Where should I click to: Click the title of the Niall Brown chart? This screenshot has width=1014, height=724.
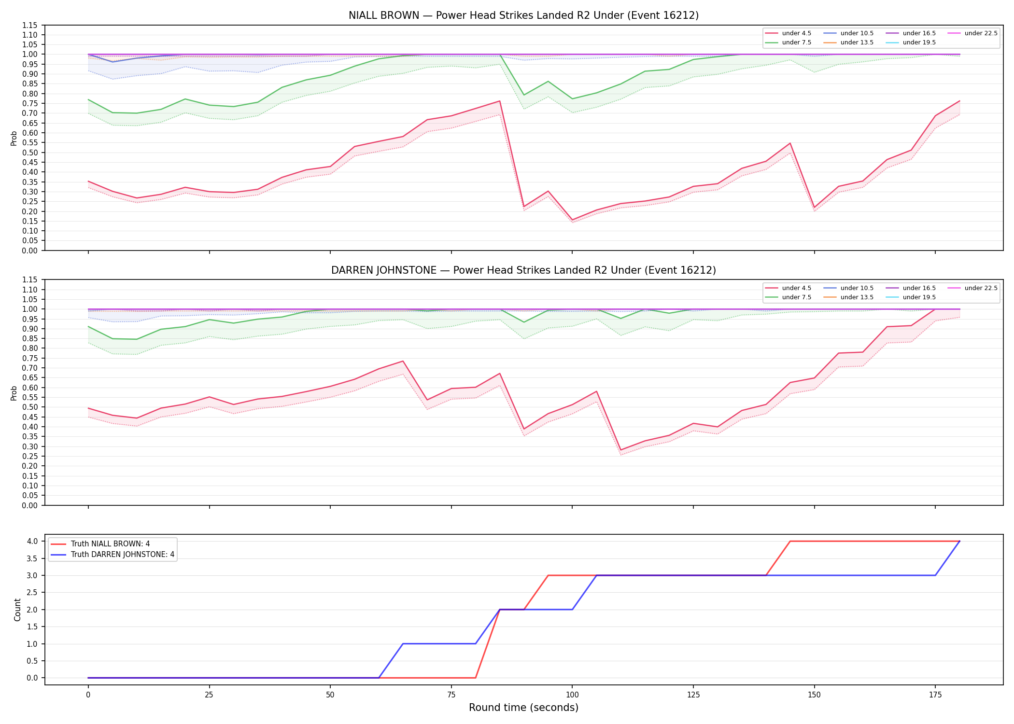pyautogui.click(x=523, y=15)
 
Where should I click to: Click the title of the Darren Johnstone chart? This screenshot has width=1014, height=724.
pyautogui.click(x=523, y=270)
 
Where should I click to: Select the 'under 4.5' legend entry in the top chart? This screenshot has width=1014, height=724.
pyautogui.click(x=788, y=33)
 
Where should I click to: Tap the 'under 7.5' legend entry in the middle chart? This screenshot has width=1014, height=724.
pyautogui.click(x=788, y=297)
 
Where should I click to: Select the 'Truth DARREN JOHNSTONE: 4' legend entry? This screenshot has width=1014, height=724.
pyautogui.click(x=113, y=555)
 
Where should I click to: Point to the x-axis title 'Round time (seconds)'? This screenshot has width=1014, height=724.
pyautogui.click(x=523, y=708)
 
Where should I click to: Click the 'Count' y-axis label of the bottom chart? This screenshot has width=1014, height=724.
pyautogui.click(x=18, y=610)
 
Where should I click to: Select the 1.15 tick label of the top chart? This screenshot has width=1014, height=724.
pyautogui.click(x=30, y=25)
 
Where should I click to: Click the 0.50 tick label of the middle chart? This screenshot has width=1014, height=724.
pyautogui.click(x=30, y=407)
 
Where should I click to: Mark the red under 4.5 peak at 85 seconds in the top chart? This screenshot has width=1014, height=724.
pyautogui.click(x=500, y=101)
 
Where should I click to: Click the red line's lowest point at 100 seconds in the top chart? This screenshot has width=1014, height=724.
pyautogui.click(x=572, y=220)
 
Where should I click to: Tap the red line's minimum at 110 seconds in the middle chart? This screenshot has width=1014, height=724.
pyautogui.click(x=620, y=450)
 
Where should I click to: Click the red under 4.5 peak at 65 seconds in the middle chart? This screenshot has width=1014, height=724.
pyautogui.click(x=403, y=361)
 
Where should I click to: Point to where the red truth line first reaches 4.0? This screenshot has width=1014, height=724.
pyautogui.click(x=790, y=541)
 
